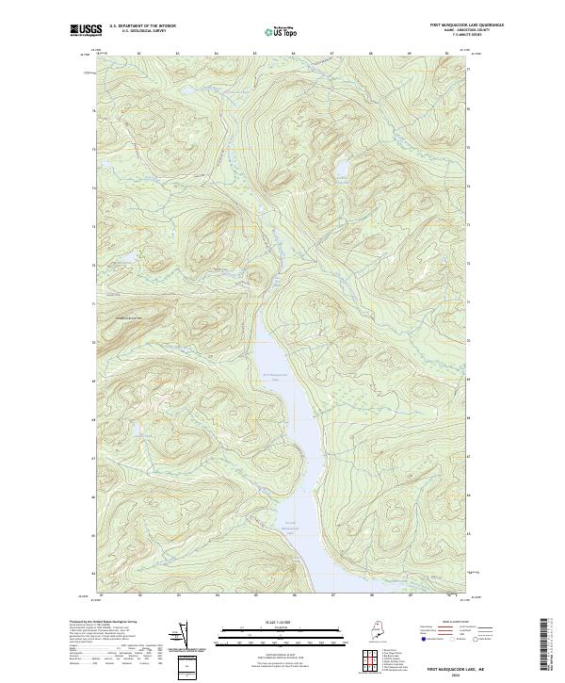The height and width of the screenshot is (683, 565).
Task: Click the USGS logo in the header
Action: [83, 30]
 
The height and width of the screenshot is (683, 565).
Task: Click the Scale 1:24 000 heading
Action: [270, 624]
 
